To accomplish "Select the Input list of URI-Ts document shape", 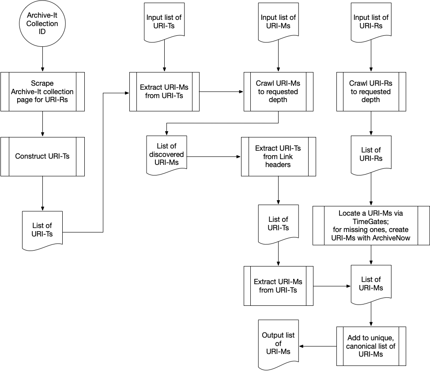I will (164, 21).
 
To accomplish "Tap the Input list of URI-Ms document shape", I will (278, 21).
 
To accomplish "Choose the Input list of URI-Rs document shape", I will (371, 21).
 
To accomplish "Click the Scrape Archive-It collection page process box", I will (42, 91).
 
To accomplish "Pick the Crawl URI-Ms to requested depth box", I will (278, 91).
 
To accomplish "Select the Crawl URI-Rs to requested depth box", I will (371, 91).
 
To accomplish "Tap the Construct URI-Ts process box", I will (42, 156).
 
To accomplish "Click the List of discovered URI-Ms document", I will (166, 153).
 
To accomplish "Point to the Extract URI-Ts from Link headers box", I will (278, 156).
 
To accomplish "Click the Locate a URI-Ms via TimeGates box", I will (371, 225).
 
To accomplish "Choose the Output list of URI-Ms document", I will (278, 343).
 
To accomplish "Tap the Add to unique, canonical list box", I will (371, 346).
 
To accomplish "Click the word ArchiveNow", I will (392, 238).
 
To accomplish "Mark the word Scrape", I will (42, 84).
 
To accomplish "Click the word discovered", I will (166, 155).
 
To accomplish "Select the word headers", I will (278, 164).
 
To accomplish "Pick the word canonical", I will (360, 346).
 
